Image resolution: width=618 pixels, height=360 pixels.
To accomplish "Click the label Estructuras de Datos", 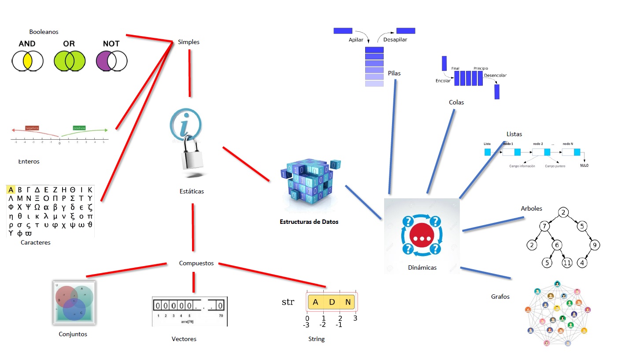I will click(309, 222).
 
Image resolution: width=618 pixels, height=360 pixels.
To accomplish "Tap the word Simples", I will click(189, 42).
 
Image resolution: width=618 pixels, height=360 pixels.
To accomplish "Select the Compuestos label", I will click(196, 263).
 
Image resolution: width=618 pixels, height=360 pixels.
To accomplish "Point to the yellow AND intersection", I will click(27, 61).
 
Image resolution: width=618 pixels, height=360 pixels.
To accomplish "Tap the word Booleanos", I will click(44, 32).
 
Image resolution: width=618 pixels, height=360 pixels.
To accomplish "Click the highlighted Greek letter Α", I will click(11, 190).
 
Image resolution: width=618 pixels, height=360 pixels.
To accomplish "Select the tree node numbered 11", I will click(567, 263).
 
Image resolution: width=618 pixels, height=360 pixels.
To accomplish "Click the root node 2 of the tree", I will click(563, 212).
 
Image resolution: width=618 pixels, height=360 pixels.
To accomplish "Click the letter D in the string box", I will click(332, 302).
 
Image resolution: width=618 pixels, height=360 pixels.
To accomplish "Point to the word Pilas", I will click(395, 73).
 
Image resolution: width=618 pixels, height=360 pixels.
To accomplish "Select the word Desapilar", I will click(395, 40).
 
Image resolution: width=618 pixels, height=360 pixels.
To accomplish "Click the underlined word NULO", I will click(584, 165).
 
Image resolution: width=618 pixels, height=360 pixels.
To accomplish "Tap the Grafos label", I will click(500, 297).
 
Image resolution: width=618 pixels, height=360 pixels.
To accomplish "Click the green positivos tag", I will click(79, 128).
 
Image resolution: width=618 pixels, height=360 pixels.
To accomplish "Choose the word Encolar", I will click(443, 81).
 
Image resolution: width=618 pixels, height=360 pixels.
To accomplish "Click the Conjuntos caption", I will click(73, 334).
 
